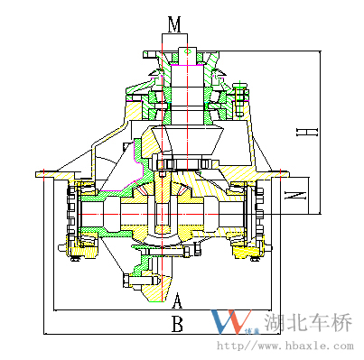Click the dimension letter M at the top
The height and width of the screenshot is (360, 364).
(174, 24)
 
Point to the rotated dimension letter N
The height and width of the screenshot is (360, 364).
(295, 195)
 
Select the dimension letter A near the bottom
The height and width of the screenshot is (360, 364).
(177, 300)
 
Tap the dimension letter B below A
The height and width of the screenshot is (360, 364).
(177, 324)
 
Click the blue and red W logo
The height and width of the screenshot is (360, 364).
(231, 321)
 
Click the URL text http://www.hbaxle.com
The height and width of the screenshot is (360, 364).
(285, 346)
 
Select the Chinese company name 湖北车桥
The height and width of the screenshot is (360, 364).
(308, 322)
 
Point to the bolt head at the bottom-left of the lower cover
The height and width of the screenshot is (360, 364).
(126, 281)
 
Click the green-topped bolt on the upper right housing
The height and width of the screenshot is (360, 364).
(240, 98)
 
